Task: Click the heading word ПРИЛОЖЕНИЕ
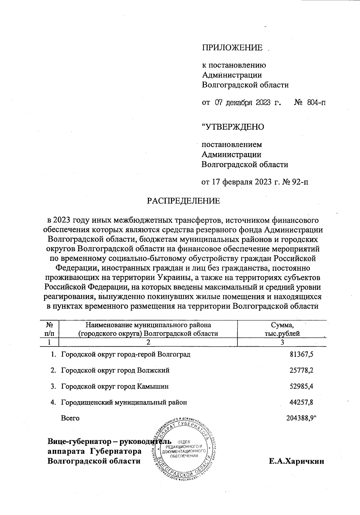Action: [x=232, y=48]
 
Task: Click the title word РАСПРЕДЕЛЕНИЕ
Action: [x=183, y=201]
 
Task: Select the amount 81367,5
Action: [x=301, y=354]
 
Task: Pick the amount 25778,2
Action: [x=301, y=370]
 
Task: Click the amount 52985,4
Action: [x=301, y=386]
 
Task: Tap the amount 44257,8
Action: [x=301, y=402]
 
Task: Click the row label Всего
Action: [x=70, y=418]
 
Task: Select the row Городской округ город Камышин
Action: [x=115, y=386]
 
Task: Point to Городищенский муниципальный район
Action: [x=124, y=402]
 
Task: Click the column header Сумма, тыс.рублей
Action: [x=282, y=329]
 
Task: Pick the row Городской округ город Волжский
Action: [x=115, y=370]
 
